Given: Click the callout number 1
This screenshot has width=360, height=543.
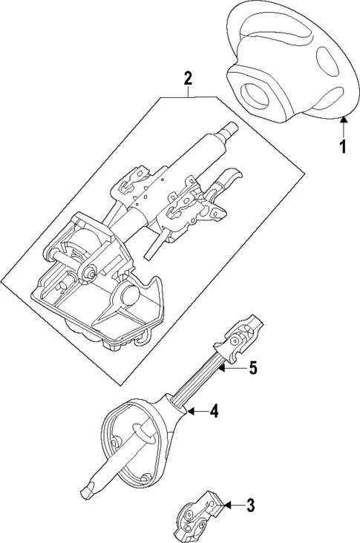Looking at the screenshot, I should point(342,146).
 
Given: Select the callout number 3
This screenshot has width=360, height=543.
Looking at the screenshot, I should point(250,507).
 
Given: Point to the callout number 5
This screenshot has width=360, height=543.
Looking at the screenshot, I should point(252,367).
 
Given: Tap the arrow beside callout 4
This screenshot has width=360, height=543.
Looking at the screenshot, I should point(194,409).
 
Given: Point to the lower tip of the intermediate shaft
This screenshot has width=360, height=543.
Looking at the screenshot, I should point(84,492).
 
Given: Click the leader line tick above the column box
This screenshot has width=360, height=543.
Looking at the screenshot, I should point(189,93).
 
